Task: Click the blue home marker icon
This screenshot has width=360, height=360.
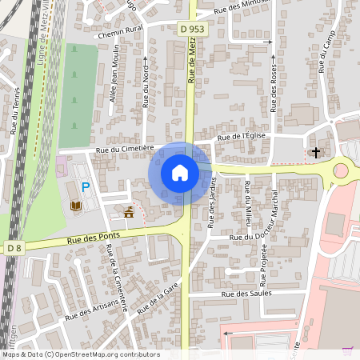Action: (x=180, y=173)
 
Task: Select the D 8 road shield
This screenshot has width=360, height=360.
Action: (x=14, y=248)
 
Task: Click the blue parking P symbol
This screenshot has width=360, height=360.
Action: (x=86, y=188)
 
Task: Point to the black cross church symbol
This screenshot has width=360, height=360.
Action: (x=315, y=152)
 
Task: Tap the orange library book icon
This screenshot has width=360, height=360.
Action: (x=75, y=206)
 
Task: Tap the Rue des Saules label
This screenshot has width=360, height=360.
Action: (x=247, y=294)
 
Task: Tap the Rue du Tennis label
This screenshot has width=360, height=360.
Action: (x=15, y=110)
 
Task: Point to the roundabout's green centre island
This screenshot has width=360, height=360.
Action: (x=342, y=170)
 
